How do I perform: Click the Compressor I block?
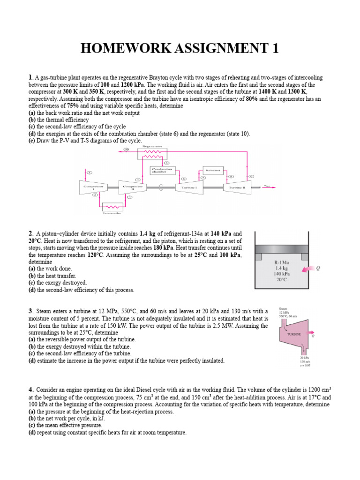point(93,187)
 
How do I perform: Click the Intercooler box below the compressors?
point(112,206)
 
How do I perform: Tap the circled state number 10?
point(125,150)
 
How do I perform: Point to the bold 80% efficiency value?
point(251,99)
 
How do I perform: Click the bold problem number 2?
point(30,233)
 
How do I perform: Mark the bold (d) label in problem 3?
point(32,360)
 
